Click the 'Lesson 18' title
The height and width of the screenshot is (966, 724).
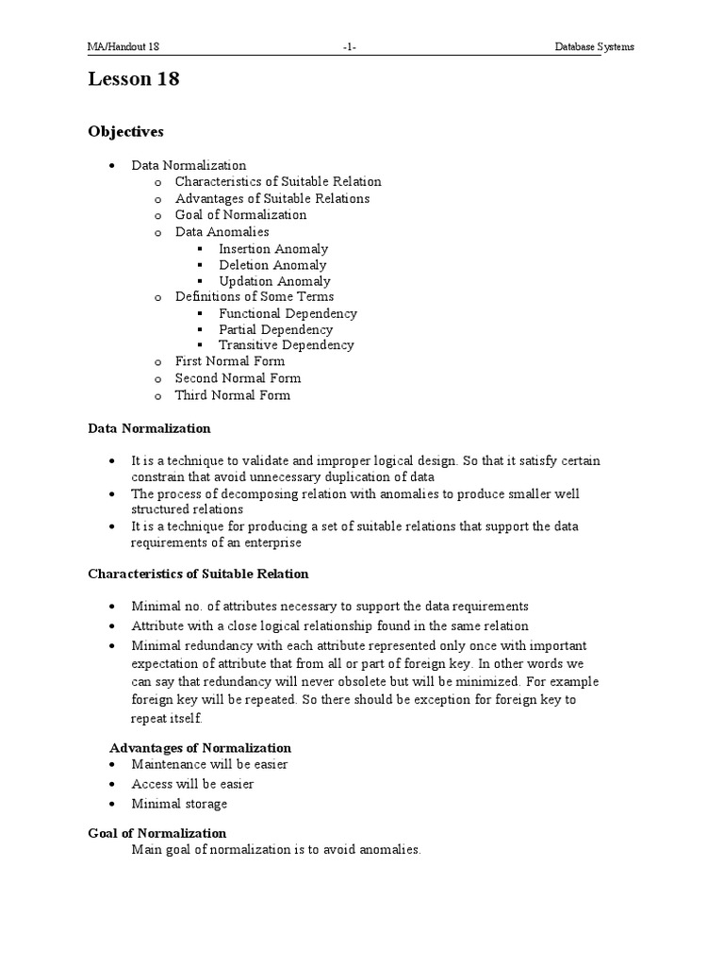click(x=134, y=80)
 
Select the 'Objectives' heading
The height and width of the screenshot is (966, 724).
click(x=125, y=132)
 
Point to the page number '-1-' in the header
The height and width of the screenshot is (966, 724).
click(x=351, y=47)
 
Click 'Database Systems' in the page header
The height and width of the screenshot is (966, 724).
click(x=593, y=47)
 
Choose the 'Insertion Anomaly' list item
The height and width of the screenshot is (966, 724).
click(x=273, y=249)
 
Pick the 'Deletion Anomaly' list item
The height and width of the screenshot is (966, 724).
click(x=272, y=265)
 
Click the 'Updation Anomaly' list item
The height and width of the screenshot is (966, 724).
click(x=274, y=281)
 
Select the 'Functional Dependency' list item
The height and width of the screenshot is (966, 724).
click(x=288, y=313)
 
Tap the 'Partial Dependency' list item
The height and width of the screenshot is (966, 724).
click(x=275, y=329)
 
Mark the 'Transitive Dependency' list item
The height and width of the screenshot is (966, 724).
click(x=287, y=345)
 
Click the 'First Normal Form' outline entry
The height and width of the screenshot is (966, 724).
click(x=229, y=361)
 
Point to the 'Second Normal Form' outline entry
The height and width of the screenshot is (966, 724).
click(x=238, y=378)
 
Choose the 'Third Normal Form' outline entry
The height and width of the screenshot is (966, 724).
click(x=232, y=395)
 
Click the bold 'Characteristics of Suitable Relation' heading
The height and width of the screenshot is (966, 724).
click(x=198, y=574)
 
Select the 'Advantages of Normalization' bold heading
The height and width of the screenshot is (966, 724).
click(x=200, y=748)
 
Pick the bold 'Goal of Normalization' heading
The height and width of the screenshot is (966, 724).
click(x=156, y=833)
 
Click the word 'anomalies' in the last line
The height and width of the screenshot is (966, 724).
click(x=390, y=850)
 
